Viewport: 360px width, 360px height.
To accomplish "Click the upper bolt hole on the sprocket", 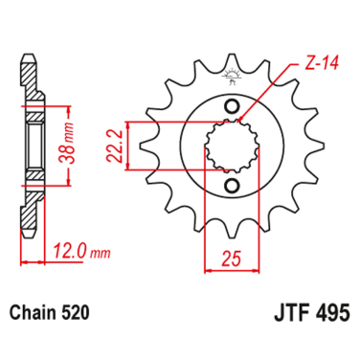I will [231, 105].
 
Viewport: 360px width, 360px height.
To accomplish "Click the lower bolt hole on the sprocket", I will [231, 185].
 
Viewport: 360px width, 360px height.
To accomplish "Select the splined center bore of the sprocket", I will [231, 146].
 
